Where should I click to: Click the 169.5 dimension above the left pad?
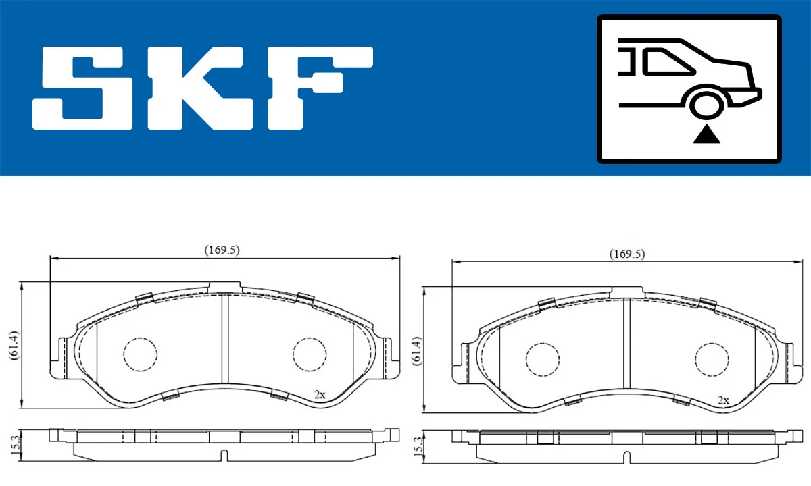222,250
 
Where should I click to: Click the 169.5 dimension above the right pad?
627,254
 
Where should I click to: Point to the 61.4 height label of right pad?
416,350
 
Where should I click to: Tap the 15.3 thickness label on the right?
416,446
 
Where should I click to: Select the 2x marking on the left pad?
320,394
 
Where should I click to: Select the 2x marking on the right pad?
723,400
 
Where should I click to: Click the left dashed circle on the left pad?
140,354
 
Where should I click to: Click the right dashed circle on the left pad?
310,354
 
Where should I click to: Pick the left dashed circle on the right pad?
543,359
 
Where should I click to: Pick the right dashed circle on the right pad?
713,359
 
